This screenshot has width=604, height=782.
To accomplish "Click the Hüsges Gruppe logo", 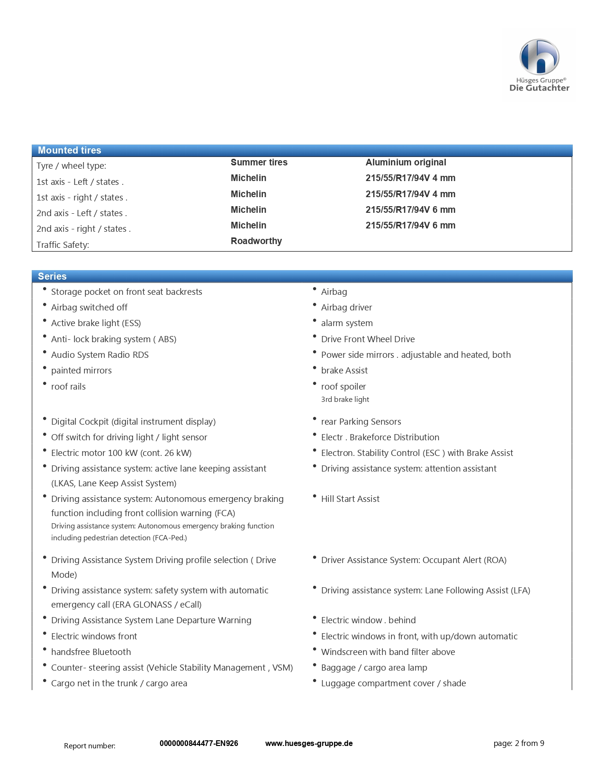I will tap(539, 65).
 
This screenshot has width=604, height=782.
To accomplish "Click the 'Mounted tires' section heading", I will tap(70, 150).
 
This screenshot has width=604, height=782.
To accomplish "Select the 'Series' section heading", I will tap(52, 276).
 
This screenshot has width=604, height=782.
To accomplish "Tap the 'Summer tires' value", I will tap(259, 162).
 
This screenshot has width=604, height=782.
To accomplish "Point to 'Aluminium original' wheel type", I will tap(406, 162).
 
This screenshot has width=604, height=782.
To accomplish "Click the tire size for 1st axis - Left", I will tap(410, 178).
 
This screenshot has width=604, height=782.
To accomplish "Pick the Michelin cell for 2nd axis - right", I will tap(248, 226).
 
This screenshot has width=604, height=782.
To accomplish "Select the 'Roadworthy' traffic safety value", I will tap(256, 241).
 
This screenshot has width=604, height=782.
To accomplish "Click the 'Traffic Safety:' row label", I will tap(63, 245).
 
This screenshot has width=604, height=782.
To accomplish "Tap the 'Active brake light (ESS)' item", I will tap(96, 323).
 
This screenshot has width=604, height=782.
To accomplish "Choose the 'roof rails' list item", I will tap(68, 387).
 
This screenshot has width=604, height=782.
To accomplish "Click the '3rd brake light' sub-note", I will tap(345, 400).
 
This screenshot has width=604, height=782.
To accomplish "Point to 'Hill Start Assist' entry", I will tap(350, 499).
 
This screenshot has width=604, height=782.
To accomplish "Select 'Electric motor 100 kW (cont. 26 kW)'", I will tap(121, 453).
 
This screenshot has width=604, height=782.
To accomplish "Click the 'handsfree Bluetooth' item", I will tap(91, 652).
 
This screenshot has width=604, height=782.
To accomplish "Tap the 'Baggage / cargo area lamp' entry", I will tap(374, 668).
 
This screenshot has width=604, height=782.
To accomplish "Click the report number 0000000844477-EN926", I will tap(198, 743).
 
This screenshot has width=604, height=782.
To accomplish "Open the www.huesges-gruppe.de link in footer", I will tap(309, 743).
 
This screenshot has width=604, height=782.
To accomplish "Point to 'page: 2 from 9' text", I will tap(519, 743).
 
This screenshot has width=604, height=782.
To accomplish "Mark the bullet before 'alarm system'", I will tap(315, 321).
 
